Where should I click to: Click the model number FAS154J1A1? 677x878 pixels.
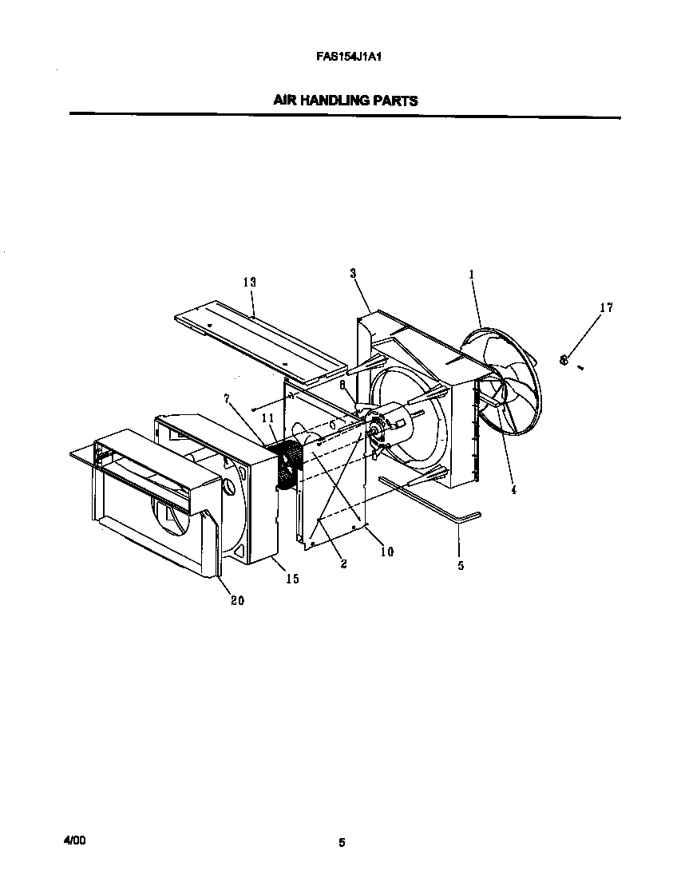tap(344, 57)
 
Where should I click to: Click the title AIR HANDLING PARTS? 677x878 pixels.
tap(345, 101)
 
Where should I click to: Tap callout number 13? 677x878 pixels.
tap(249, 283)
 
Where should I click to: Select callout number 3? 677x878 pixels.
tap(352, 274)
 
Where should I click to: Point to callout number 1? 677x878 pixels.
tap(471, 274)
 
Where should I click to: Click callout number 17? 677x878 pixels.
tap(606, 307)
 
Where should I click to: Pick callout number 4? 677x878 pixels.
tap(513, 490)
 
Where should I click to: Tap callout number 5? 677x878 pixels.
tap(460, 566)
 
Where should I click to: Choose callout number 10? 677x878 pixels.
tap(386, 552)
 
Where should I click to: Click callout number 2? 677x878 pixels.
tap(343, 564)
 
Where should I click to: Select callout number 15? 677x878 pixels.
tap(292, 579)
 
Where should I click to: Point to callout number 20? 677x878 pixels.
tap(237, 601)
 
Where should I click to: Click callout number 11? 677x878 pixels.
tap(267, 418)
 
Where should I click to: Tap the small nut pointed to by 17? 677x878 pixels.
tap(564, 360)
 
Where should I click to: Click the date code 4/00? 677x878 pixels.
tap(73, 840)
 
